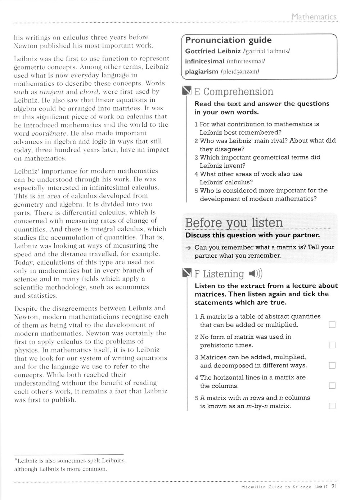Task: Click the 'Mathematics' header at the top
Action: tap(314, 17)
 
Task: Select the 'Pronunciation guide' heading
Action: tap(228, 40)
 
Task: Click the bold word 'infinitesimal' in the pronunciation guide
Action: tap(204, 61)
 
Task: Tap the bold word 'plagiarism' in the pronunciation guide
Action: tap(201, 71)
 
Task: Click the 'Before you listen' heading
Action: tap(234, 223)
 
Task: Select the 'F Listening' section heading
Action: tap(219, 274)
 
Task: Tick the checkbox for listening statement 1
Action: tap(332, 325)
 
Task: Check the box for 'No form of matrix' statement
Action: tap(332, 345)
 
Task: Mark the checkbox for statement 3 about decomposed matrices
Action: tap(332, 366)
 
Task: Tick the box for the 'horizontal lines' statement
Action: tap(332, 386)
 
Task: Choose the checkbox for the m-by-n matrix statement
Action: tap(332, 406)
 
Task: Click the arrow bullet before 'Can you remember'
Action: tap(188, 248)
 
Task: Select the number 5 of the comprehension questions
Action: tap(196, 190)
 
